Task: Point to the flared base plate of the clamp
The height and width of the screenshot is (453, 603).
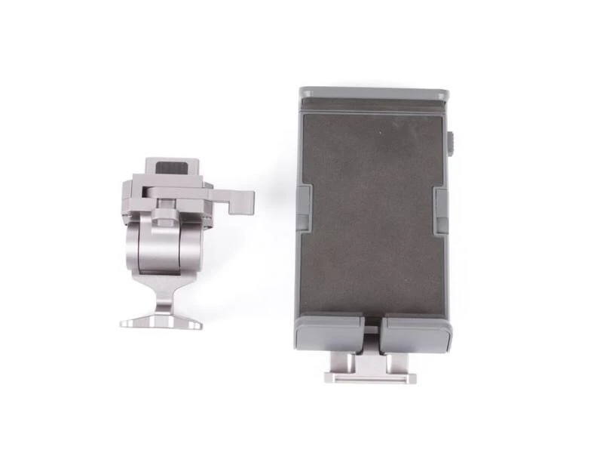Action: pos(161,322)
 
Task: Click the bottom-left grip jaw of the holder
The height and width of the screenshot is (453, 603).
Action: pos(331,333)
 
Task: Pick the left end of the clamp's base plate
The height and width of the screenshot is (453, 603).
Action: pos(125,323)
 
